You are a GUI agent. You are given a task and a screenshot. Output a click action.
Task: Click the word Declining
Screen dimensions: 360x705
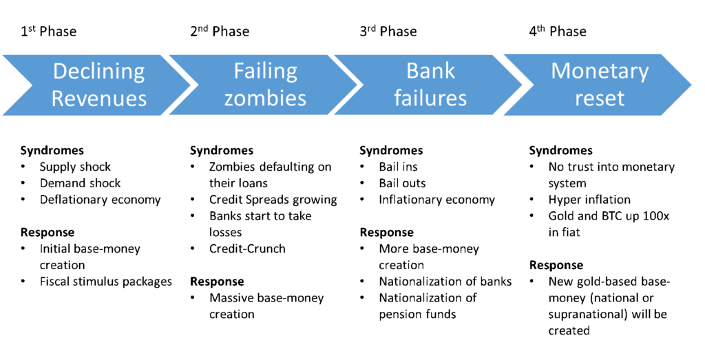coord(99,72)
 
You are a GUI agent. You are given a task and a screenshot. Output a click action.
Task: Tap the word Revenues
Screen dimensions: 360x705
coord(99,98)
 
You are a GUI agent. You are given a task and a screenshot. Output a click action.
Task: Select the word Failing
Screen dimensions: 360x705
coord(265,72)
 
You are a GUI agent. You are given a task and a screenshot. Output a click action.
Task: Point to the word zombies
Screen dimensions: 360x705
coord(265,98)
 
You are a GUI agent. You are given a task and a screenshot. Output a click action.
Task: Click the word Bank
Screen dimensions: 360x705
coord(430,72)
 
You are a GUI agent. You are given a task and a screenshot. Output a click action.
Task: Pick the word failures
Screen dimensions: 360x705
coord(430,98)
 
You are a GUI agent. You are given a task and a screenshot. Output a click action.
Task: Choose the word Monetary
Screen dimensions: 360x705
coord(600,72)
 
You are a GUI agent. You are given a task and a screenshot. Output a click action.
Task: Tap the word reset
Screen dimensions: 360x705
coord(600,98)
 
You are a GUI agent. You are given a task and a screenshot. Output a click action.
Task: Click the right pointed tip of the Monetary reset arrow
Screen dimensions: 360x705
coord(691,85)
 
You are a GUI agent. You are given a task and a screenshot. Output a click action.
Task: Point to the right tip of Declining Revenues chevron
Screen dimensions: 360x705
coord(195,85)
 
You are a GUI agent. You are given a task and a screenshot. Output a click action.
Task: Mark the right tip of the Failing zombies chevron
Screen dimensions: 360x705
coord(359,85)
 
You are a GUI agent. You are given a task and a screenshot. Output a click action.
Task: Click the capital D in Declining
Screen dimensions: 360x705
coord(60,72)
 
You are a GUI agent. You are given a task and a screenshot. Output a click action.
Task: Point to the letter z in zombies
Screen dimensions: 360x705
coord(229,99)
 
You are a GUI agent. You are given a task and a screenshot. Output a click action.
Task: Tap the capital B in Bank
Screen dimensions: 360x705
coord(412,72)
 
